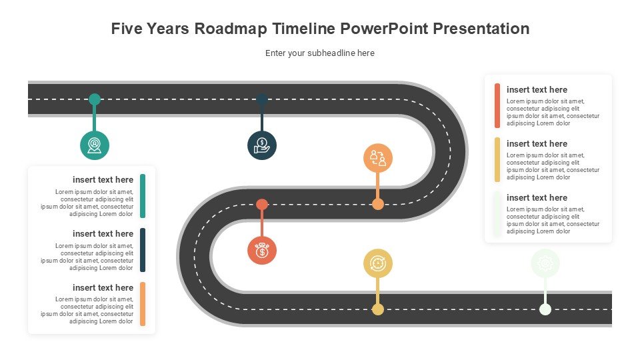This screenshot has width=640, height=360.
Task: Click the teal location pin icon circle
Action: coord(95,145)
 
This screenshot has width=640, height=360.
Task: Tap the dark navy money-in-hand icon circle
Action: coord(262,145)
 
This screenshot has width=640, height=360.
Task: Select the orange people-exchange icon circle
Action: coord(378,158)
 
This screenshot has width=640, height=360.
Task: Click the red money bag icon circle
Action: coord(262,250)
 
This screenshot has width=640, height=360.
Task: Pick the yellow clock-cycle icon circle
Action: coord(378,263)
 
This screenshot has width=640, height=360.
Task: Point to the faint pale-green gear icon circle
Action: coord(545,263)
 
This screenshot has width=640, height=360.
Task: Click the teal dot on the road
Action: coord(95,99)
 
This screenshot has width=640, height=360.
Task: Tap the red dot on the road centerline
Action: coord(262,204)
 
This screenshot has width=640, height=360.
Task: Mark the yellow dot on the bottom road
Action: coord(378,309)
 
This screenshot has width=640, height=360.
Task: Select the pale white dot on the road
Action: coord(545,309)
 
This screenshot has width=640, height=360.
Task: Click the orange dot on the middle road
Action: coord(378,204)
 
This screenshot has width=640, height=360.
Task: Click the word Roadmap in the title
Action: coord(231,29)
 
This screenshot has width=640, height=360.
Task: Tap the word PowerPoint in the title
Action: coord(385,29)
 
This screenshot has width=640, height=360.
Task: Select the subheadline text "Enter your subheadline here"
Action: coord(320,53)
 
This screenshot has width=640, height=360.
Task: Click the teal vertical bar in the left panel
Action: coord(143,196)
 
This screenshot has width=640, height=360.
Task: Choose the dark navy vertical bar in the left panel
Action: coord(143,250)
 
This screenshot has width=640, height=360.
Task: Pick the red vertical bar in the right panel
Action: coord(497,106)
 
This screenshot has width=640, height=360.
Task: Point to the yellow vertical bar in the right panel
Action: coord(497,159)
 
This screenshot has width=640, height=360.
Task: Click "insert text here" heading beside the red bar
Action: coord(537,90)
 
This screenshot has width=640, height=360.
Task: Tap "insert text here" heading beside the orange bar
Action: coord(103,288)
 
